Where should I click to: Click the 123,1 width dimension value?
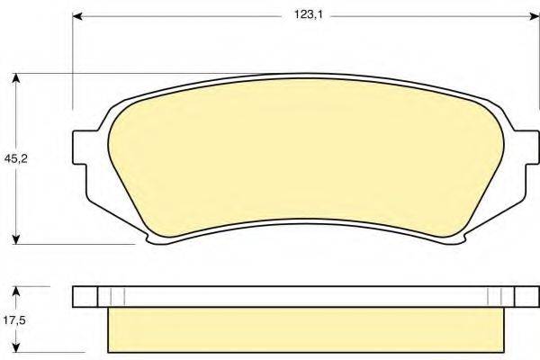tap(308, 15)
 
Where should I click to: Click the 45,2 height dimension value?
tap(15, 158)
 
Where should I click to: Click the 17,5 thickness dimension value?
tap(14, 320)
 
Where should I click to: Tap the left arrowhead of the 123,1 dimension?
tap(77, 16)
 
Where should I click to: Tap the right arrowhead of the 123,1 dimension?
tap(535, 16)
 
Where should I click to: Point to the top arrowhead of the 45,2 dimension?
tap(15, 78)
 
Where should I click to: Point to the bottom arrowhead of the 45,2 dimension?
tap(15, 239)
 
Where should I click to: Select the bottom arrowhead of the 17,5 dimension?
tap(15, 346)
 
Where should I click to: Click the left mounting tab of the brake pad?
tap(80, 148)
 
